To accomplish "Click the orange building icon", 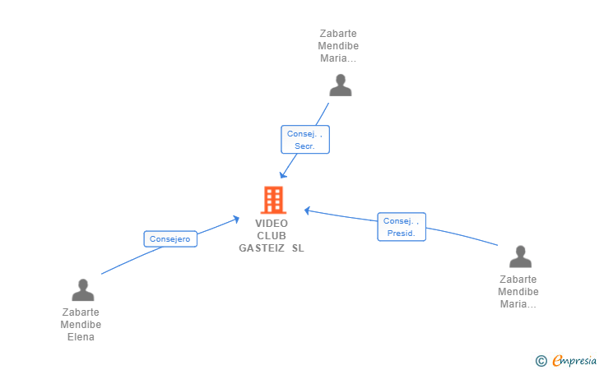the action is click(273, 200).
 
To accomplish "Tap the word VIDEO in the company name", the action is click(272, 224).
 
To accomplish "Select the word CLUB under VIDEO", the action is click(272, 236).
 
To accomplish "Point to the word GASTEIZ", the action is click(262, 248).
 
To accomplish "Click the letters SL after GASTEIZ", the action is click(298, 248).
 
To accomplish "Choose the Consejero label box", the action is click(170, 239).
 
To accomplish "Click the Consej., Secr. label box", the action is click(305, 140).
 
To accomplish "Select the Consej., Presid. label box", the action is click(402, 227).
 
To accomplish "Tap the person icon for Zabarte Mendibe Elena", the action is click(83, 289).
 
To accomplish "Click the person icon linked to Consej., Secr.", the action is click(341, 86).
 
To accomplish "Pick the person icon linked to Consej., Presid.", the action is click(520, 257).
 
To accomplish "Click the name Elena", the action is click(81, 337).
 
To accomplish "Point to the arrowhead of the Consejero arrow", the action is click(236, 220).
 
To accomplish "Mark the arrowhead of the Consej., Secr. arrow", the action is click(282, 175).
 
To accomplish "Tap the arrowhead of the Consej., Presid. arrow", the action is click(307, 210).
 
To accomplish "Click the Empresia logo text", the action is click(574, 360).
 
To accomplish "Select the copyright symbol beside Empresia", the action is click(541, 361).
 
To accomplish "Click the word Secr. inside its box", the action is click(304, 146).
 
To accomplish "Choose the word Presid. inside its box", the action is click(402, 233).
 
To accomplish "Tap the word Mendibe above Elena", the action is click(81, 325).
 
